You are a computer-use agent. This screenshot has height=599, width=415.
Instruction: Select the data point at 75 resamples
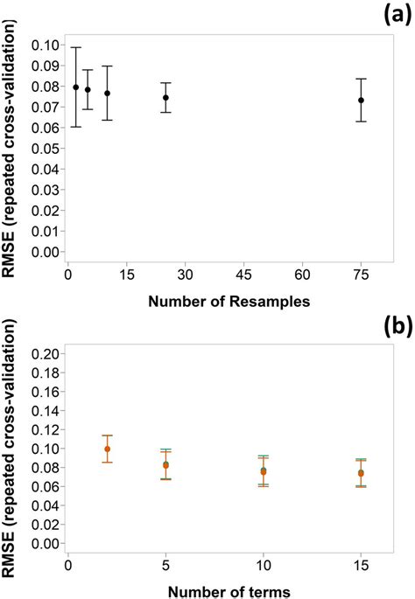(x=361, y=100)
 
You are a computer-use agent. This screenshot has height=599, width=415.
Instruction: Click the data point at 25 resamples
(x=165, y=97)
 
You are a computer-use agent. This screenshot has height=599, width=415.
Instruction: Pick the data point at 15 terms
(x=361, y=473)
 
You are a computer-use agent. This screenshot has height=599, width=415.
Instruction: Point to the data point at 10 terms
(x=264, y=471)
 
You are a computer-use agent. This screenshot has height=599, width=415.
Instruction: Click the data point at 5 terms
(x=165, y=465)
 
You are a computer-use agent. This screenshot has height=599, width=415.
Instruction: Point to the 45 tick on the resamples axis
(x=243, y=274)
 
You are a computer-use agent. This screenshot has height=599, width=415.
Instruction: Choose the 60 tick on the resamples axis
(x=302, y=274)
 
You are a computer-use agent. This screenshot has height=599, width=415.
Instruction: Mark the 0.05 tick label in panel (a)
(x=45, y=149)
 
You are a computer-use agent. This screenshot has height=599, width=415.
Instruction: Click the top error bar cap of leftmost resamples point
(x=76, y=47)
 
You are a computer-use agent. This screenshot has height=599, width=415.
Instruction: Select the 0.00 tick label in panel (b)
(x=45, y=543)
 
